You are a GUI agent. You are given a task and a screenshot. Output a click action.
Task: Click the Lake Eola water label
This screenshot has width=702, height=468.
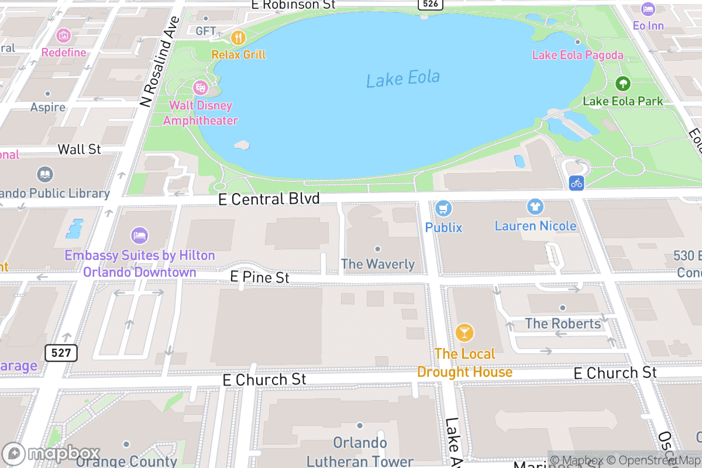point(402,78)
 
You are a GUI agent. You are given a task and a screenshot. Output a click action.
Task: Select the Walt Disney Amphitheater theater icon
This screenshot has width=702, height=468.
point(201,88)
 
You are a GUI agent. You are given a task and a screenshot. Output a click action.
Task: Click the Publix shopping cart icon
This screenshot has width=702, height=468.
point(443,208)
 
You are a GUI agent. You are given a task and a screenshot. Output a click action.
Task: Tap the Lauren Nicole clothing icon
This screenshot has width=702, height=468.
point(535,207)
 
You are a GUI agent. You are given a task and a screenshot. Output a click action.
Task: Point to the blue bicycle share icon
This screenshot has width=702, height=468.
point(577,183)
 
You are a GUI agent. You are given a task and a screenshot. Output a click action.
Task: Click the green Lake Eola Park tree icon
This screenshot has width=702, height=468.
point(623,84)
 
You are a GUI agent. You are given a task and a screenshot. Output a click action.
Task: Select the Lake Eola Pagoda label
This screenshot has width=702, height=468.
point(577,55)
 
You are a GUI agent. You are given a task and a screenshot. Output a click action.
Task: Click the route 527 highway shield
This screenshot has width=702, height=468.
point(61,352)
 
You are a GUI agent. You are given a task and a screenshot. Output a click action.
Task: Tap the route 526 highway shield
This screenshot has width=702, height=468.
point(429,4)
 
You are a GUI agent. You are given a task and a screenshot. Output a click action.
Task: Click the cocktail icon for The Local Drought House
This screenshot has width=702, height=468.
point(464,333)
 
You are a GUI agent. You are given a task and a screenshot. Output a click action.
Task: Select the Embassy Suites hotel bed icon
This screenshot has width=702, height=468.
point(139,236)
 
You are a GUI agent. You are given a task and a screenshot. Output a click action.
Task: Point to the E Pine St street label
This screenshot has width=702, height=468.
point(260,277)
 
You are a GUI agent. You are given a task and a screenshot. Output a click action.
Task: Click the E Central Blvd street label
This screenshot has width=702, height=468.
point(269,199)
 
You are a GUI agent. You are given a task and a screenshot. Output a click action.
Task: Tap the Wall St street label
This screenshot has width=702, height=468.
point(80,149)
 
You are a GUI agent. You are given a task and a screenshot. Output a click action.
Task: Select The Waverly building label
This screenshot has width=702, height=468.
point(378,264)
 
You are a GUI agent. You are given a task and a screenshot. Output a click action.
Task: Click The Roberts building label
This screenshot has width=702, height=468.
point(563,323)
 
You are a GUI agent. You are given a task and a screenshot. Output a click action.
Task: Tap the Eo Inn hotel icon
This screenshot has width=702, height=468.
point(648,9)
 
